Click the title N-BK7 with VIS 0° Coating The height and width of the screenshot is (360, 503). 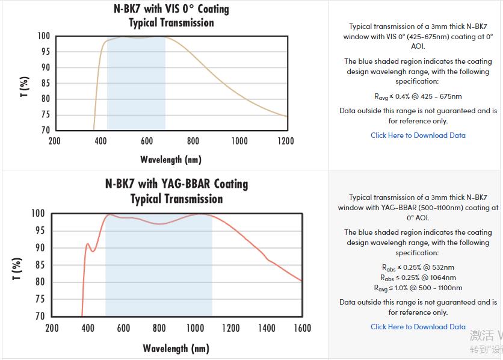click(171, 9)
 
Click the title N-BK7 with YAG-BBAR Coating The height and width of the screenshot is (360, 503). click(176, 184)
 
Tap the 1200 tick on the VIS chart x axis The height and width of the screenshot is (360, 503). click(286, 141)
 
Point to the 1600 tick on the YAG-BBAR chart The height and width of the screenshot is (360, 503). click(302, 328)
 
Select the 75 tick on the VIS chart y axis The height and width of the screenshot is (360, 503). click(45, 114)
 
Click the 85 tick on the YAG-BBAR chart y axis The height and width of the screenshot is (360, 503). click(38, 265)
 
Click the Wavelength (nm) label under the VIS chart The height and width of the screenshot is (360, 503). click(171, 160)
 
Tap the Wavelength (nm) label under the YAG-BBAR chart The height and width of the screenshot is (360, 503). click(176, 349)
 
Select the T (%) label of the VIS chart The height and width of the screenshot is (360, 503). click(25, 87)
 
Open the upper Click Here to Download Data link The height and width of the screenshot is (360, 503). click(418, 135)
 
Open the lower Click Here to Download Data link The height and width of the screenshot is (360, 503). click(418, 327)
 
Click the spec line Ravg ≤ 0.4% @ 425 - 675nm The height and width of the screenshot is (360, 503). click(418, 96)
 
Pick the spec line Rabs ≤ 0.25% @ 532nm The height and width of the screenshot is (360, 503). click(418, 267)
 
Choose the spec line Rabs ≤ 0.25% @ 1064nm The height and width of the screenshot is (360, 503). click(418, 278)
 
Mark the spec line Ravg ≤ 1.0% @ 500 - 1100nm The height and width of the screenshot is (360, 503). click(418, 288)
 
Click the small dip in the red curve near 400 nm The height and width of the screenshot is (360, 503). click(93, 250)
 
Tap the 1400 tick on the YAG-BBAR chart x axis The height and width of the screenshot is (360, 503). click(267, 328)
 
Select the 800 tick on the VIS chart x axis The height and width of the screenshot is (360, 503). click(193, 141)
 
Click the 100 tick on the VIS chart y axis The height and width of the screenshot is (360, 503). click(43, 36)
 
